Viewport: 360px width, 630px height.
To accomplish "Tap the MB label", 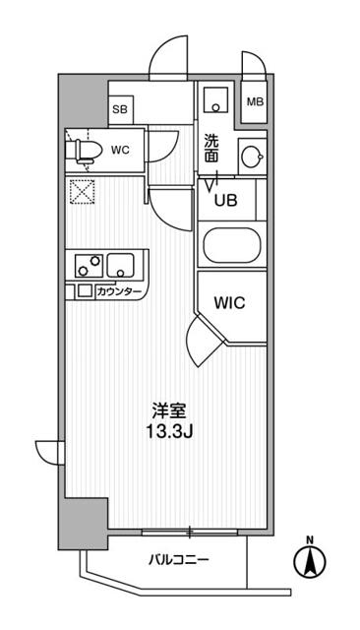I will coord(254,101).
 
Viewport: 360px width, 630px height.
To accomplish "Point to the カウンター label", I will coord(119,291).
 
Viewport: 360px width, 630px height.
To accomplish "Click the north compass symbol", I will coord(310,561).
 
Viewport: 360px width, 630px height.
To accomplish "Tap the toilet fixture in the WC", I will coord(86,151).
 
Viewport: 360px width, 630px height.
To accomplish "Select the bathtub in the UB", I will coord(230,245).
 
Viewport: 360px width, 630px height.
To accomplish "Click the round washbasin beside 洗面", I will coord(252,156).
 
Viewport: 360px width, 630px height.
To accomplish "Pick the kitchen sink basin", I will coord(123,266).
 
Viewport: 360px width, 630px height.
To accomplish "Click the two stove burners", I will coord(87,266).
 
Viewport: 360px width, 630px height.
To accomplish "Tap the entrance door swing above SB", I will coord(170,61).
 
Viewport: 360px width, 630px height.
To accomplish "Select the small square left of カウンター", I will coord(85,291).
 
